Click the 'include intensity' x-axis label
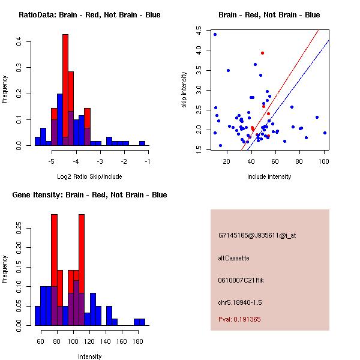point(269,176)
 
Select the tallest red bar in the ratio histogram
point(65,90)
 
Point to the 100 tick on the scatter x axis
point(324,161)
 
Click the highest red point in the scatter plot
point(262,53)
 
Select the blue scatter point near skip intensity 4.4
point(215,34)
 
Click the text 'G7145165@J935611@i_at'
point(257,235)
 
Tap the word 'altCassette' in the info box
point(233,258)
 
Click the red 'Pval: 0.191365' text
point(239,319)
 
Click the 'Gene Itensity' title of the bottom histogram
point(89,195)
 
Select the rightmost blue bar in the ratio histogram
point(142,143)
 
